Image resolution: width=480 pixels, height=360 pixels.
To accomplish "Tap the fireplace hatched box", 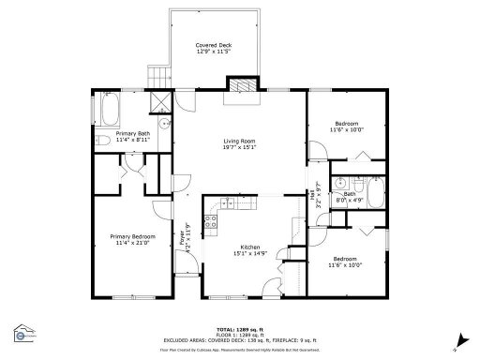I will click(x=244, y=82).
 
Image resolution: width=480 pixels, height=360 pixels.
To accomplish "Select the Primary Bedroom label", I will click(x=132, y=239).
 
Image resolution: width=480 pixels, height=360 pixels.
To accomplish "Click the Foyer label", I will click(x=185, y=234).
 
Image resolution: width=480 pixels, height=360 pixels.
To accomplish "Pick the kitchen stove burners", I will click(x=212, y=223).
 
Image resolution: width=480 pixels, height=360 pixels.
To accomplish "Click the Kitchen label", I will click(x=248, y=249).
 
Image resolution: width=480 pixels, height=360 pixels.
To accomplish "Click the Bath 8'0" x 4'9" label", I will click(x=350, y=196).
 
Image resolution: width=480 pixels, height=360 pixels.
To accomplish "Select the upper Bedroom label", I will click(x=345, y=127).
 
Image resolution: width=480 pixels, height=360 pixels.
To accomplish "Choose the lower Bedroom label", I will click(x=345, y=262).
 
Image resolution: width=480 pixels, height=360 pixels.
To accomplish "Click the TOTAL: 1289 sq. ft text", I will click(x=239, y=328).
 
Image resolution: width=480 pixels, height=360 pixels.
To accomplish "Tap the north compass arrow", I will click(x=455, y=339).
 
